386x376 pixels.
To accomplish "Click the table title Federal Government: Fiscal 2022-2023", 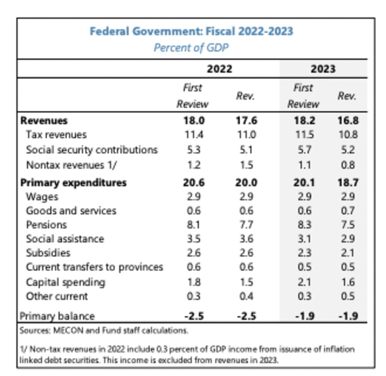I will pos(191,31).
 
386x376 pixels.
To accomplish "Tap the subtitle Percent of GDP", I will pos(191,48).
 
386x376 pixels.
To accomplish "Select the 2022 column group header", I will pos(219,69).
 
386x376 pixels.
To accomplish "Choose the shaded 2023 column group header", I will pos(323,69).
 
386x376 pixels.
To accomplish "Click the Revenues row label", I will pos(44,121).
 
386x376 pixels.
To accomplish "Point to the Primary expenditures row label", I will pos(73,182).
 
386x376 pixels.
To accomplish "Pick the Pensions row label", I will pos(46,225).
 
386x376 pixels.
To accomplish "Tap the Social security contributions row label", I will pos(92,150).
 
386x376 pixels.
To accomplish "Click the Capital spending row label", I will pos(66,282).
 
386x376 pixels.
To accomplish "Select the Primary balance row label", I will pos(57,316).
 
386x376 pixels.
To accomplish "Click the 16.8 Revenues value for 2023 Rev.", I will pos(347,121).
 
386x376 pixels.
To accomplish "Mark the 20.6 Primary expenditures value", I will pos(194,182).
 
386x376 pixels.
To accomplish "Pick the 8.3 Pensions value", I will pos(303,225).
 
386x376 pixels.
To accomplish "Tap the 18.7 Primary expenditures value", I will pos(347,182).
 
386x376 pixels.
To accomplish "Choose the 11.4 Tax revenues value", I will pos(194,135).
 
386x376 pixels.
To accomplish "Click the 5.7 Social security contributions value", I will pos(303,150).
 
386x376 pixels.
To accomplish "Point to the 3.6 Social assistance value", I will pos(245,239).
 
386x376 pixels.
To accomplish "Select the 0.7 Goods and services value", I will pos(347,211).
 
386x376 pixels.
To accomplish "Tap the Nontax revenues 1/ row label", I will pos(71,165).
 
